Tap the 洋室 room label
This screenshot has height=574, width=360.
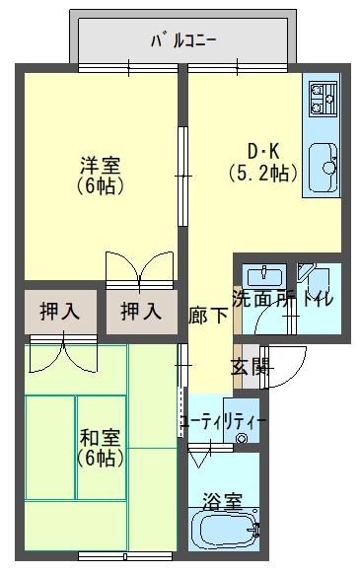point(101,165)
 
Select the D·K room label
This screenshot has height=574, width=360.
point(263,151)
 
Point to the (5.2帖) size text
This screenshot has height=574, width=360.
point(262,174)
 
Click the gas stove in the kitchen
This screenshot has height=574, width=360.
point(323,99)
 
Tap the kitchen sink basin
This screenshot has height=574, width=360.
point(323,168)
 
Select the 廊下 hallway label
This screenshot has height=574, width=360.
point(208,315)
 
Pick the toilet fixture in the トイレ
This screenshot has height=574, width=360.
point(315,280)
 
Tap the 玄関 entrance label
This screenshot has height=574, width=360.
point(252,367)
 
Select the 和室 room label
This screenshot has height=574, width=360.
point(101,438)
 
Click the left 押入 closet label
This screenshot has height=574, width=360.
point(60,312)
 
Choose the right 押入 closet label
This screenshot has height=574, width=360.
point(141,312)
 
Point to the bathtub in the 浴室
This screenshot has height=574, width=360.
point(225,530)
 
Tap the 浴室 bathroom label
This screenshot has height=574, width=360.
point(223,502)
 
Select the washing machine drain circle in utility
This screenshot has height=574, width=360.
point(241,438)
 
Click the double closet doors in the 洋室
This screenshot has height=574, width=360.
point(139,270)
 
